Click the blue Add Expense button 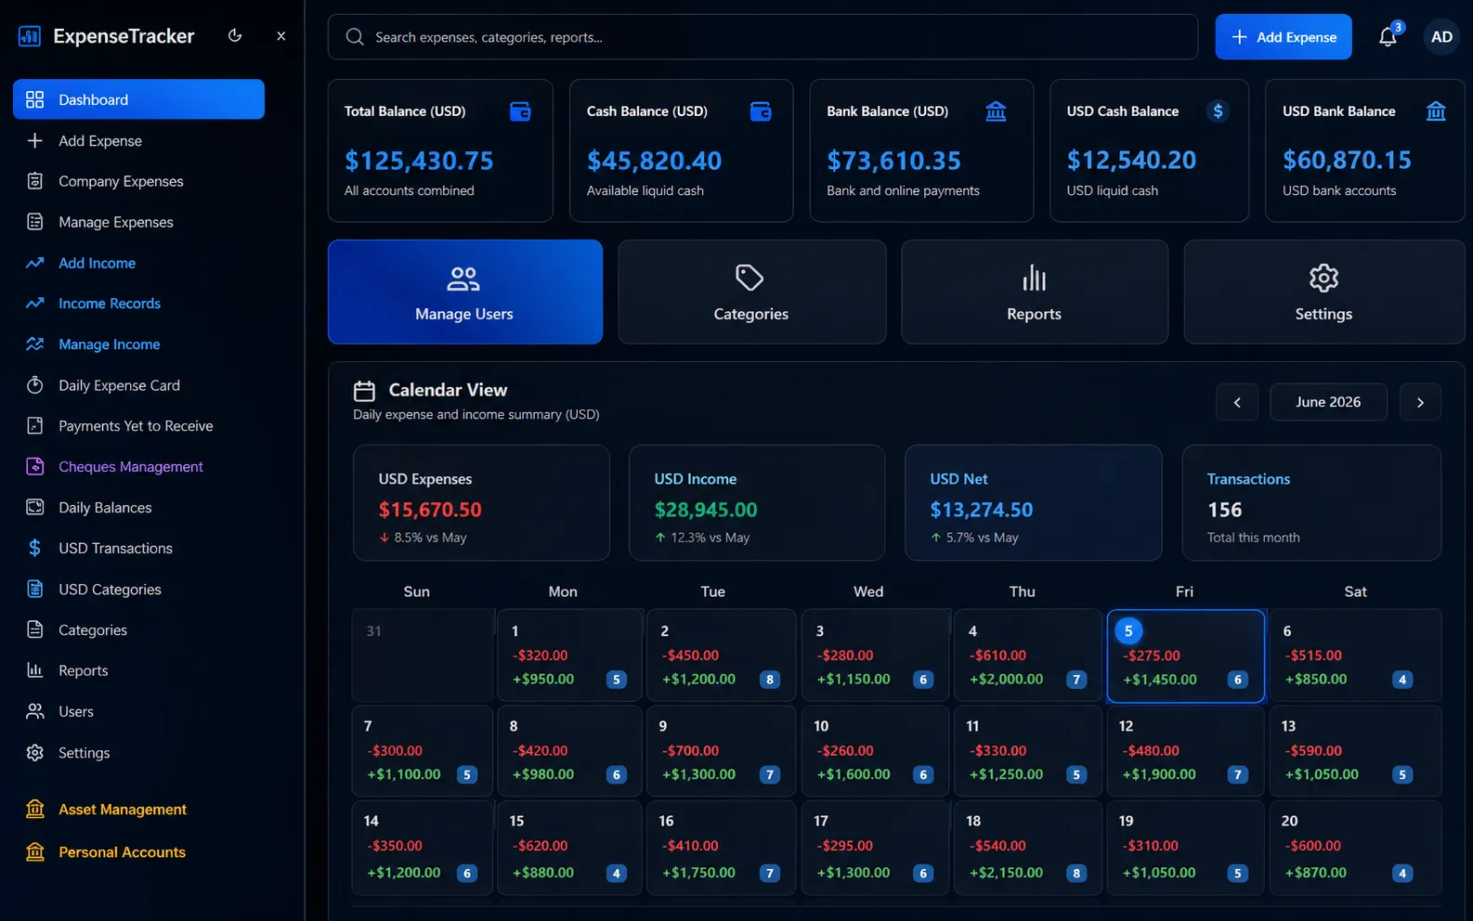click(x=1283, y=37)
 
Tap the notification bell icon click(x=1387, y=37)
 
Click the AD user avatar click(x=1441, y=37)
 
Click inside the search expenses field click(x=763, y=37)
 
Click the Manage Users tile click(x=465, y=292)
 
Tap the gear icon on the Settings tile click(x=1323, y=279)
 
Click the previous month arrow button click(x=1237, y=402)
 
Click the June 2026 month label click(x=1328, y=402)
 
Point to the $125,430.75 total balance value click(x=419, y=161)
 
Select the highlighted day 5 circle click(x=1128, y=631)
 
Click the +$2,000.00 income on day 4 click(x=1006, y=679)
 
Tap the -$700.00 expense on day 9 click(x=690, y=751)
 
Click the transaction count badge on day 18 click(x=1075, y=873)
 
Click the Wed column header click(x=868, y=591)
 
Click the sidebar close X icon click(x=280, y=36)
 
